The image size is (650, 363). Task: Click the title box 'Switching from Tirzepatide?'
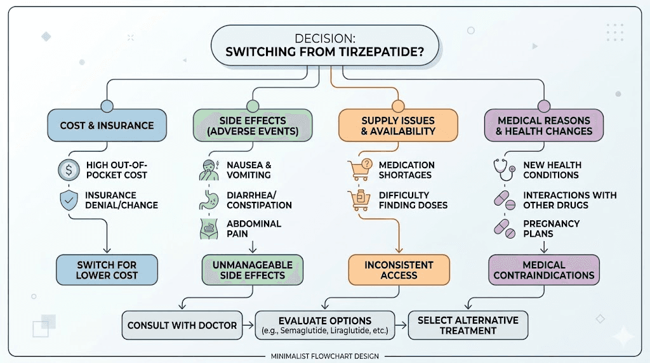(324, 45)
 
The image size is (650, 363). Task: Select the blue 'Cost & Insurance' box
(107, 125)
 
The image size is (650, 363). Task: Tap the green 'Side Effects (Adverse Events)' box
(253, 125)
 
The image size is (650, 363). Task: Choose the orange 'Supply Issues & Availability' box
(398, 125)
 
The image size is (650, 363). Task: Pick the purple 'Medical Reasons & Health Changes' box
(544, 125)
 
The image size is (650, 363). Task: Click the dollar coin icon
(69, 169)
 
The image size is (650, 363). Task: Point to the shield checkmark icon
(69, 200)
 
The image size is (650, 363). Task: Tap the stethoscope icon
(504, 169)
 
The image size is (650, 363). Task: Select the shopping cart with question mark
(360, 169)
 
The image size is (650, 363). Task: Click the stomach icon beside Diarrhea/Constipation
(209, 200)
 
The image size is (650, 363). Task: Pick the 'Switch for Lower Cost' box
(107, 270)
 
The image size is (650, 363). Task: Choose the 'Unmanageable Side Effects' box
(253, 270)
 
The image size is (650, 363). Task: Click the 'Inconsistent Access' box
(399, 270)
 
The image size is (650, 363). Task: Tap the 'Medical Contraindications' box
(544, 270)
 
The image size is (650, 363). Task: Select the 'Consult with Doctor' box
(182, 326)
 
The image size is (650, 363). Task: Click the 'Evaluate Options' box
(325, 326)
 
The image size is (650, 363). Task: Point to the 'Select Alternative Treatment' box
(468, 326)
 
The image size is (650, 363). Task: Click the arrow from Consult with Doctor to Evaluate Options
(248, 326)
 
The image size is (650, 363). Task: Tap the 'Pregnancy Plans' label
(552, 228)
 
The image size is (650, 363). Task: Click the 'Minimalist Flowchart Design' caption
(324, 356)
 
